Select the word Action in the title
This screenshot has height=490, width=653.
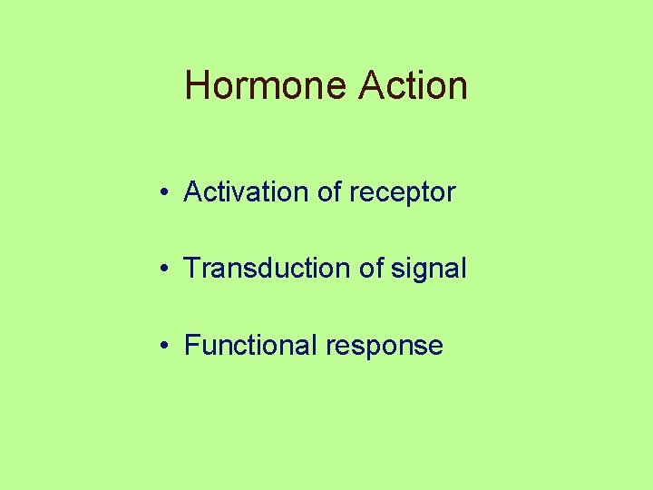(414, 86)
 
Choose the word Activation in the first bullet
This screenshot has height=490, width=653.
(246, 192)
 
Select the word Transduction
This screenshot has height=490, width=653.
(261, 269)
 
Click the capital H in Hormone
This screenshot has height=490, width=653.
(197, 86)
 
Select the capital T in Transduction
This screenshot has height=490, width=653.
(191, 269)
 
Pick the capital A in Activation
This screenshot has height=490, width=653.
(193, 192)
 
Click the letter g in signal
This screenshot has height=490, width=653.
(428, 271)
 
